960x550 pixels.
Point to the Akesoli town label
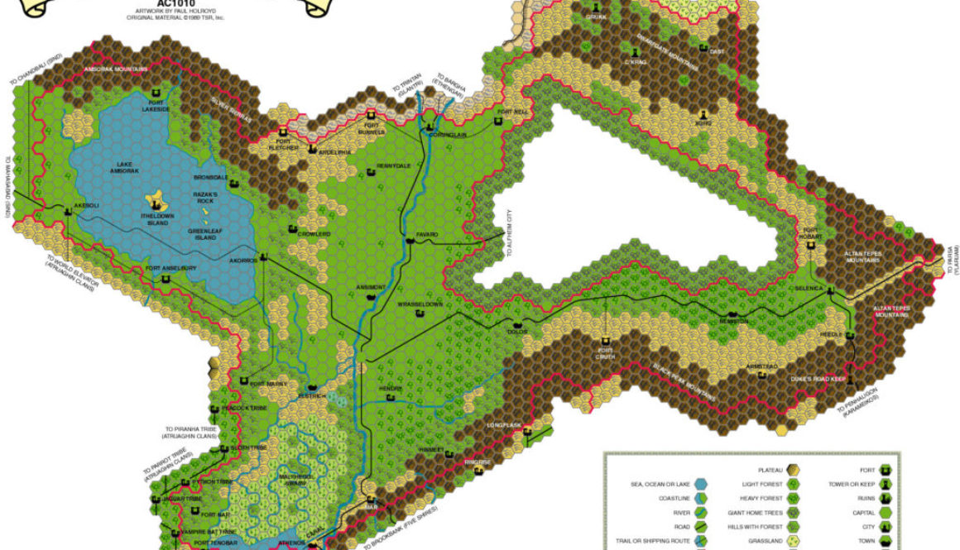click(86, 204)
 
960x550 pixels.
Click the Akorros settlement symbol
click(263, 256)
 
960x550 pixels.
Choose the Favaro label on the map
click(426, 234)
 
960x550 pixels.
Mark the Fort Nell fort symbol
click(497, 121)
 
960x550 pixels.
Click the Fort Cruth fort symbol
click(605, 341)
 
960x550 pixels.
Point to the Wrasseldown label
click(420, 304)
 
